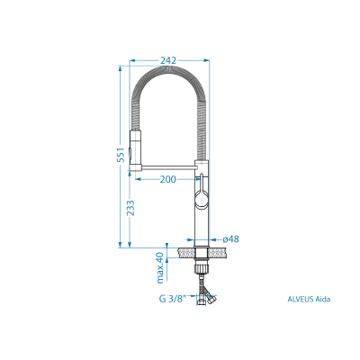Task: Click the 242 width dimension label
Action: [168, 60]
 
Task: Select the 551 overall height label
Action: [121, 155]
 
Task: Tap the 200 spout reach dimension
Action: [168, 179]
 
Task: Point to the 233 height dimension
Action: [130, 208]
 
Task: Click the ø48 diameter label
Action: [231, 239]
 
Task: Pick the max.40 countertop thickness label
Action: [161, 268]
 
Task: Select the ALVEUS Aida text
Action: [309, 299]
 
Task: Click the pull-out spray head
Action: [135, 150]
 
